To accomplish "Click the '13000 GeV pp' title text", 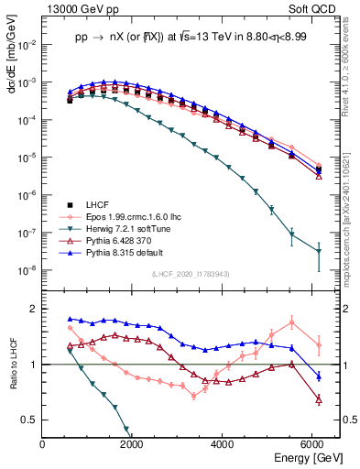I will pos(80,7).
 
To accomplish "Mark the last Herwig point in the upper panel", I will pos(318,251).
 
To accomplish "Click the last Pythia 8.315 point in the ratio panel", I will pos(318,376).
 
